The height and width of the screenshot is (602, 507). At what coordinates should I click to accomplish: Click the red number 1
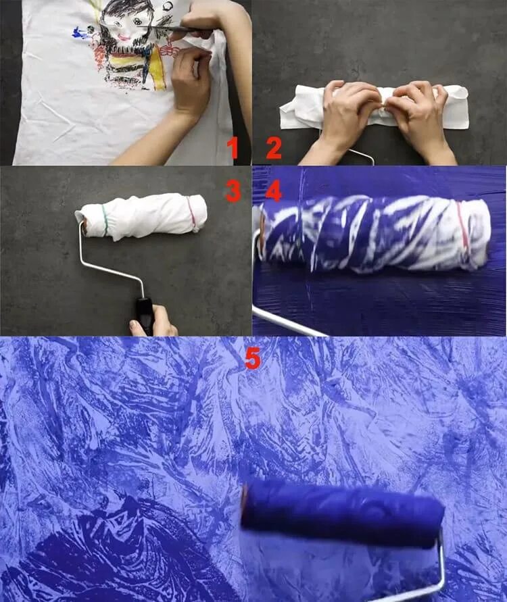233,148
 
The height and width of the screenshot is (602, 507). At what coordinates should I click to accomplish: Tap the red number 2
274,148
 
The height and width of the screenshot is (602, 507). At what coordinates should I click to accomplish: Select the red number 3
233,191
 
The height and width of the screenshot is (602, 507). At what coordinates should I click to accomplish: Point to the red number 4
274,191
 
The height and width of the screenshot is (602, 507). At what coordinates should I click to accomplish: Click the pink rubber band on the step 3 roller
191,214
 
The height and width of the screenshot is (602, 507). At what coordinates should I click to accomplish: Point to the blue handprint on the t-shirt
80,33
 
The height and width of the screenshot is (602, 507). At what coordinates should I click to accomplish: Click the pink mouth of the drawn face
124,38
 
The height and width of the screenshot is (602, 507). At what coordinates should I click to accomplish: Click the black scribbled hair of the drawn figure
121,11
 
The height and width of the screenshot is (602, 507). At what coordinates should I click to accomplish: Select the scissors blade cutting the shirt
153,27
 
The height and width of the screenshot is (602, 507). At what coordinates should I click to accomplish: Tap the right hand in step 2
418,119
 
